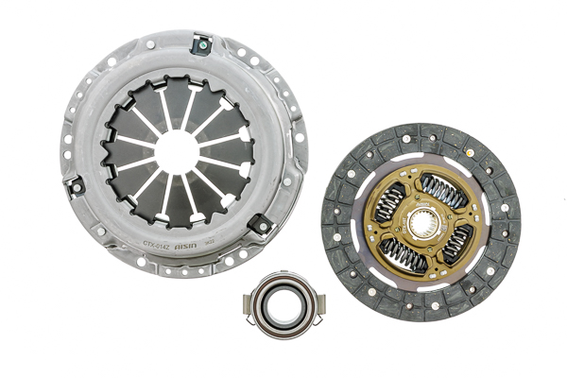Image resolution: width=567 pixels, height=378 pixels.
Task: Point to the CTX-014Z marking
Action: click(157, 243)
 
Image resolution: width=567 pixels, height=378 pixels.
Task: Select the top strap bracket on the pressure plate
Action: click(199, 43)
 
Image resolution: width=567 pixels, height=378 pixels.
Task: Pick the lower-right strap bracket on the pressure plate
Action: click(258, 223)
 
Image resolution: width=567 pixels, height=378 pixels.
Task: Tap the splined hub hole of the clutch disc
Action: click(421, 222)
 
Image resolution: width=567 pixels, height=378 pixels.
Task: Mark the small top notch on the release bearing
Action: click(283, 272)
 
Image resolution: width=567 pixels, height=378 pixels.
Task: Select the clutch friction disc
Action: click(421, 222)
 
